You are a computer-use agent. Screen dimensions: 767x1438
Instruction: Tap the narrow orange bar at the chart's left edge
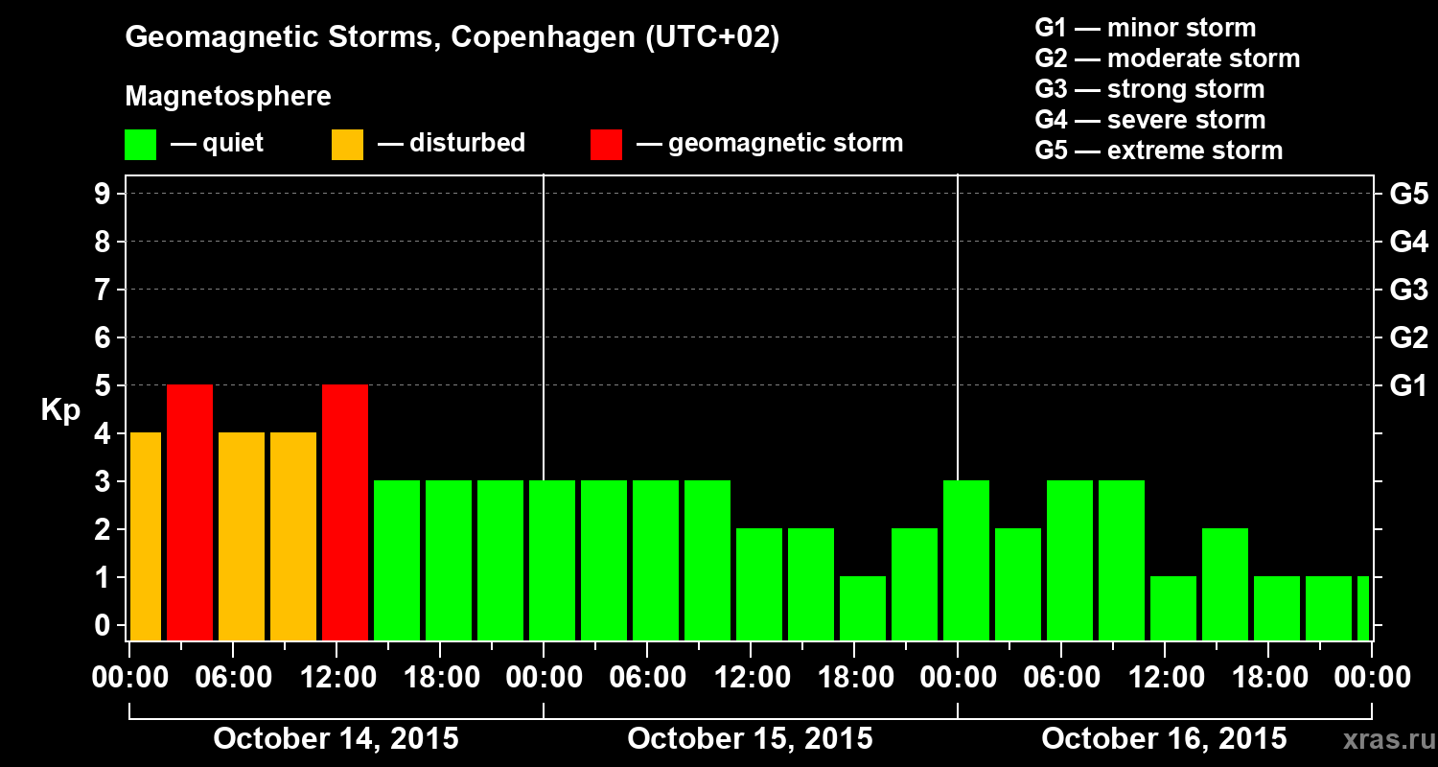tap(145, 536)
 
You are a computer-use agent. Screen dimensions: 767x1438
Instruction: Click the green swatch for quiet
tap(140, 145)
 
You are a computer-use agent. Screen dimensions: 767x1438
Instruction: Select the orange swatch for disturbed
tap(347, 145)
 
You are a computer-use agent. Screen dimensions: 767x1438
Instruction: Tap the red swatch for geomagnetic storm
tap(607, 145)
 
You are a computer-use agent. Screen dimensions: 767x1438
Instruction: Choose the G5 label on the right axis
tap(1408, 195)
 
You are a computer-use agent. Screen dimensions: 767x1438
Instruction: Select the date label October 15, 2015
tap(750, 738)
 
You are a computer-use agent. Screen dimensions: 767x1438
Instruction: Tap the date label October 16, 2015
tap(1164, 738)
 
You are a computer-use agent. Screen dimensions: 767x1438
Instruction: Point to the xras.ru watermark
tap(1381, 739)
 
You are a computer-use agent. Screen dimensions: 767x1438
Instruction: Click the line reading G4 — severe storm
tap(1149, 120)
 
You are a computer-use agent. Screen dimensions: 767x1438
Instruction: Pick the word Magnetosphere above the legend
tap(228, 97)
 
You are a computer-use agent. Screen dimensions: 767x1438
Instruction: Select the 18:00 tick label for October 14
tap(440, 678)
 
